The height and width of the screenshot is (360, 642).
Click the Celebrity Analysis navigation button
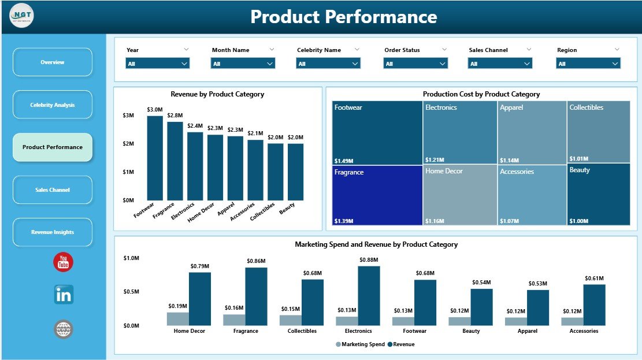[53, 105]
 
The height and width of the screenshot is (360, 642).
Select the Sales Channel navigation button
[53, 190]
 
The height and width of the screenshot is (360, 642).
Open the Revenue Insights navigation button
[53, 232]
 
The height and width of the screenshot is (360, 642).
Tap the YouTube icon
[63, 262]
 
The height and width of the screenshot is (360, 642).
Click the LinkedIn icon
[64, 295]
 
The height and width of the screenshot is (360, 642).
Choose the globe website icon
[64, 329]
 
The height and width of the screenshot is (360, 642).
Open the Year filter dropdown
[158, 64]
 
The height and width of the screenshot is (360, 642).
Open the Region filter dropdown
[588, 64]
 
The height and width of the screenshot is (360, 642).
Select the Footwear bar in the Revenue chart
[155, 158]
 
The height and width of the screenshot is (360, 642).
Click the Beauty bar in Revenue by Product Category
[295, 172]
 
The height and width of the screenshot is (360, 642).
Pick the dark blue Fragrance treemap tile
[377, 195]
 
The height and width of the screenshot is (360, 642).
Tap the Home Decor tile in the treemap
[460, 195]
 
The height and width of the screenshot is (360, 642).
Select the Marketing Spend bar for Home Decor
[177, 318]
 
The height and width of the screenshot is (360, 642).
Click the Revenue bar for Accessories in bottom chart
[594, 305]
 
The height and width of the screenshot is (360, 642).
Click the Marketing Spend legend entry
[358, 344]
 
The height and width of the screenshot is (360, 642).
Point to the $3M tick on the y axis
[128, 116]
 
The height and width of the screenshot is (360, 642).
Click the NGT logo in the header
[22, 16]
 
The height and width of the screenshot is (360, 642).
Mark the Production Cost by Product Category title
[481, 94]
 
